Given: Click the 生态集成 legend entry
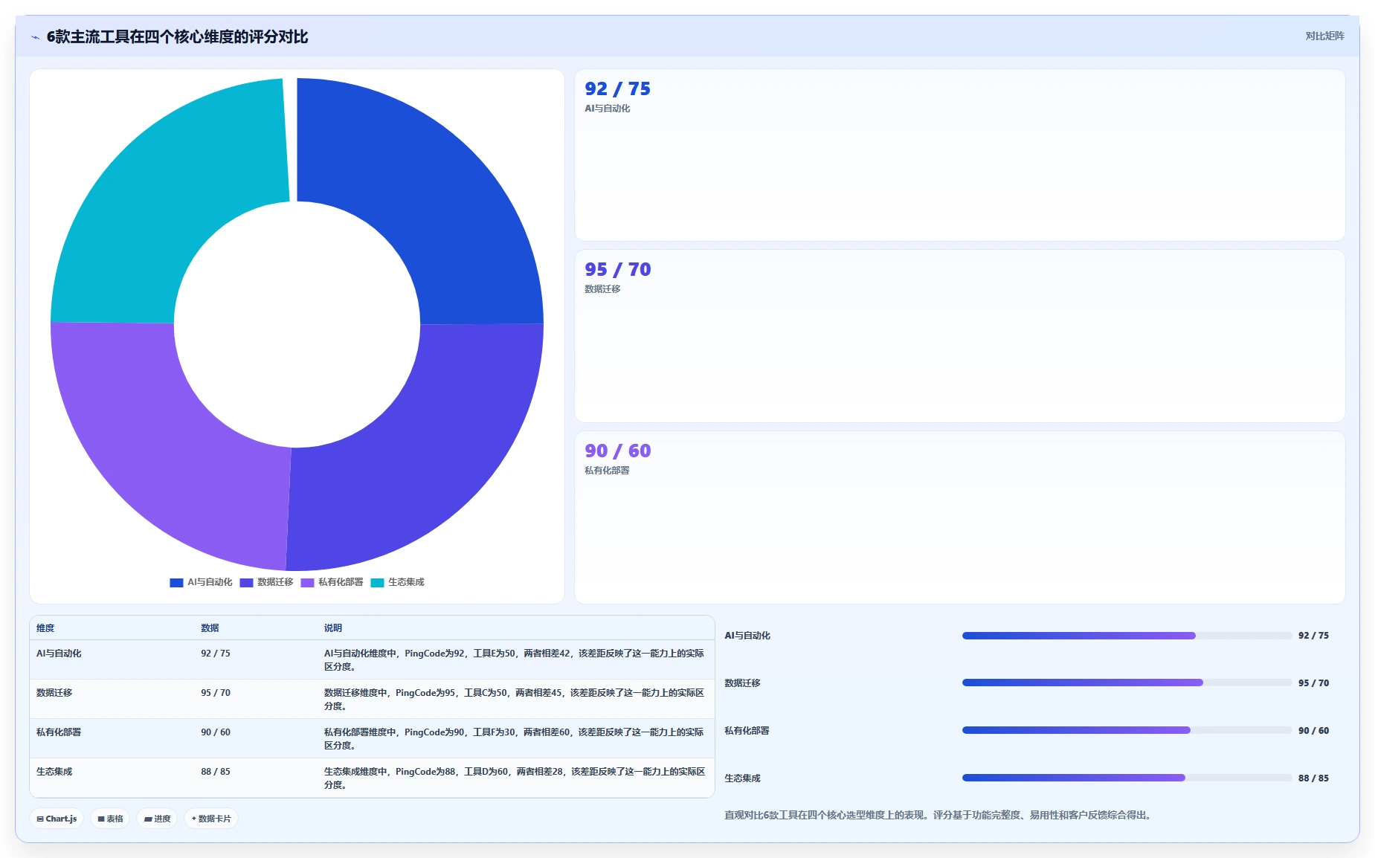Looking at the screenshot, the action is pyautogui.click(x=397, y=582).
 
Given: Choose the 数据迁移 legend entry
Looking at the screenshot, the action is pyautogui.click(x=266, y=582).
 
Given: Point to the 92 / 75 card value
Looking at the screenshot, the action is pyautogui.click(x=617, y=89).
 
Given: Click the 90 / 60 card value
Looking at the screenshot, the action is pyautogui.click(x=617, y=451).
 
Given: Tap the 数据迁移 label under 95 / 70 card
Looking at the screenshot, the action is pyautogui.click(x=602, y=289).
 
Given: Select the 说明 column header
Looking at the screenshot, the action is pyautogui.click(x=332, y=628).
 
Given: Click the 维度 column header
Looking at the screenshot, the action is pyautogui.click(x=45, y=628).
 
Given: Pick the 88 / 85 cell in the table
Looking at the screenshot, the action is pyautogui.click(x=216, y=772).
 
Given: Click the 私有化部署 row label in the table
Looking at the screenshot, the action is pyautogui.click(x=59, y=732).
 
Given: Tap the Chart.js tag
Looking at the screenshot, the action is pyautogui.click(x=57, y=819).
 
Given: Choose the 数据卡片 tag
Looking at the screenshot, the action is pyautogui.click(x=211, y=819).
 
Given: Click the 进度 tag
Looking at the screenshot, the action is pyautogui.click(x=157, y=819).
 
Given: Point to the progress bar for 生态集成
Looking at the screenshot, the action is pyautogui.click(x=1127, y=778).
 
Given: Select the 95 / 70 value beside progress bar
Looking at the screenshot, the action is pyautogui.click(x=1313, y=683).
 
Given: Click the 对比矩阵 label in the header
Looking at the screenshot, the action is pyautogui.click(x=1324, y=36).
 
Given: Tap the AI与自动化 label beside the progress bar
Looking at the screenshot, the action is pyautogui.click(x=747, y=636).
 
